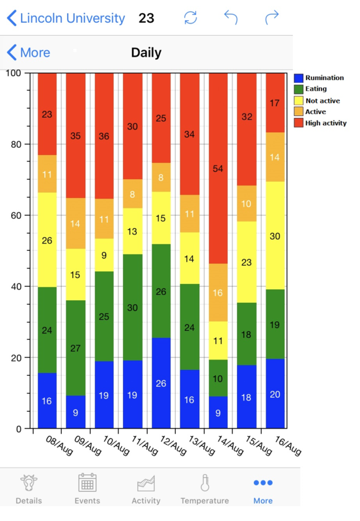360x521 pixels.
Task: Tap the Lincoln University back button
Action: coord(65,18)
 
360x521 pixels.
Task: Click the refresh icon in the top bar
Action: coord(190,18)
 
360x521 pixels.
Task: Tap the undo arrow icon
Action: coord(230,18)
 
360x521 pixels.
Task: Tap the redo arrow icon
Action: coord(271,18)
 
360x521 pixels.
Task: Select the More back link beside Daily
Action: coord(29,53)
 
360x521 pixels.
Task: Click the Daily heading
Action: coord(146,53)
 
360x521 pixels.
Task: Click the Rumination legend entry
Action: coord(324,77)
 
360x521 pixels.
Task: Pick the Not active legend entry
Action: coord(322,100)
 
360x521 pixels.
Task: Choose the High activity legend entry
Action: coord(325,122)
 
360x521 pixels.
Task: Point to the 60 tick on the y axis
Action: coord(20,215)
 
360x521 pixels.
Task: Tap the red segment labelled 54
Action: coord(218,168)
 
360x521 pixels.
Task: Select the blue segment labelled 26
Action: coord(161,383)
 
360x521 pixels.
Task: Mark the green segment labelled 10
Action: coord(218,378)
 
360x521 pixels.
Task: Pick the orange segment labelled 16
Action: coord(218,292)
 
